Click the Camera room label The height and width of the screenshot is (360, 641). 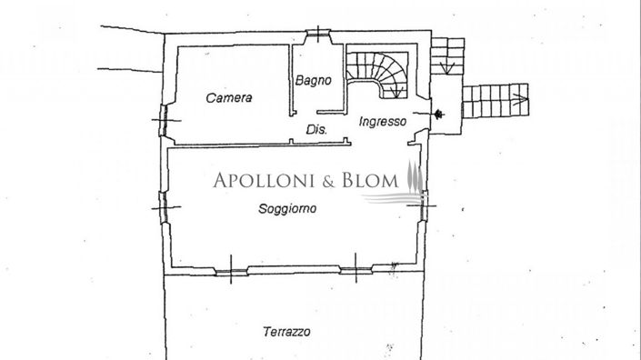[228, 98]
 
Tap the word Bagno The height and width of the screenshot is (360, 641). [313, 81]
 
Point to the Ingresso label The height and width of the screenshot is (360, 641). [382, 121]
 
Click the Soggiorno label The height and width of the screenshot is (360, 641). [287, 208]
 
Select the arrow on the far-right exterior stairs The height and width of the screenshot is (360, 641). [522, 95]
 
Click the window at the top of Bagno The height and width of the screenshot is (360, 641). [317, 35]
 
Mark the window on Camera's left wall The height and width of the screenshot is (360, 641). [165, 118]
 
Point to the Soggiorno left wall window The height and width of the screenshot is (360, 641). [165, 205]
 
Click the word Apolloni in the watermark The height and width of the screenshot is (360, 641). [264, 180]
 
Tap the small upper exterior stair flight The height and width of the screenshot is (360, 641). [446, 55]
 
